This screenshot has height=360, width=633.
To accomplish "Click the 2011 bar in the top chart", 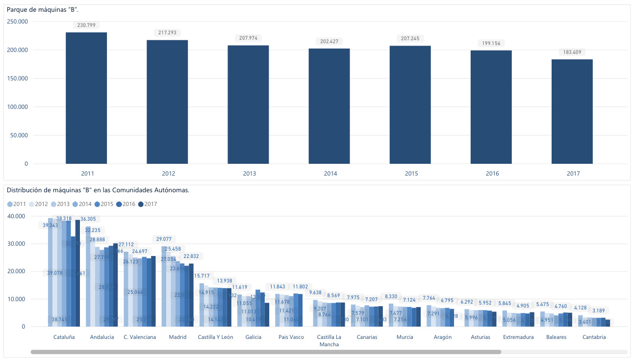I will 86,98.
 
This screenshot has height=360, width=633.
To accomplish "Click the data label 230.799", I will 86,25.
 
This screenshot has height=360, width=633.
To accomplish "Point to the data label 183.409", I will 572,52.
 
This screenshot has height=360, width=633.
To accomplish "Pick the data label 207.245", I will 410,38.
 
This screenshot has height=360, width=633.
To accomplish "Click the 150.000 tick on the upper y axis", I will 18,78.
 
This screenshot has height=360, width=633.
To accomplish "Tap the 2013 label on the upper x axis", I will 250,174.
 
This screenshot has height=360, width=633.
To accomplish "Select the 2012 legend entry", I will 39,204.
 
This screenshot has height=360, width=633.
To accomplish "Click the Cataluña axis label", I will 64,337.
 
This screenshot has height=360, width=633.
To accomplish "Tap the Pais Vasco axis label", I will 291,337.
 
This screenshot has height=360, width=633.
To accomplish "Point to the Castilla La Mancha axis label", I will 329,340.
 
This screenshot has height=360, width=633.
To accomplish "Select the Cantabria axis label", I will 594,337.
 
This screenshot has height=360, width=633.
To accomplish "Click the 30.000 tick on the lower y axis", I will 18,244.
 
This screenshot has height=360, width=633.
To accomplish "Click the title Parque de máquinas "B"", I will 39,10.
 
